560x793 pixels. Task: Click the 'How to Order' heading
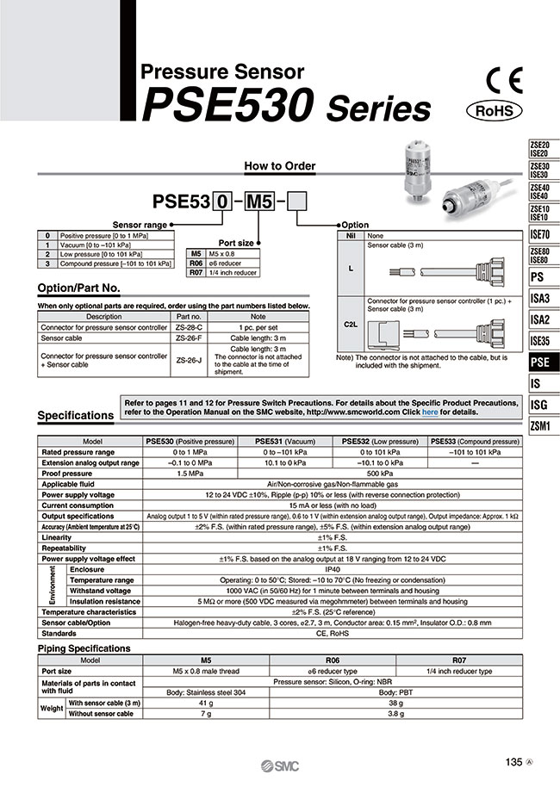280,166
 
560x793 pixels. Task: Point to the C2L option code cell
350,326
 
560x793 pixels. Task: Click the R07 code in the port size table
196,272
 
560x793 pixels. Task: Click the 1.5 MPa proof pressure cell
190,473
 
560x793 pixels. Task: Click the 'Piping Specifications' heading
84,648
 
